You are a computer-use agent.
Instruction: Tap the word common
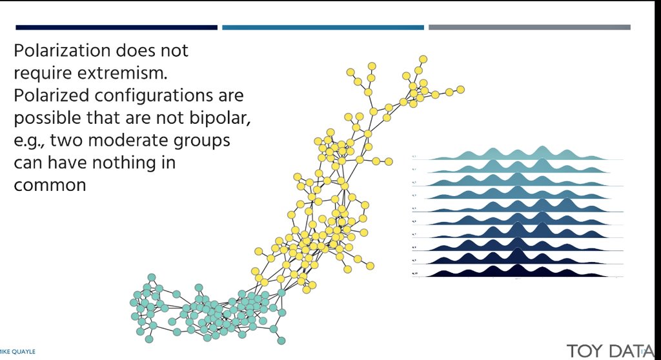tap(50, 185)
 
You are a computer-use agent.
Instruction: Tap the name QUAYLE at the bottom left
tap(23, 352)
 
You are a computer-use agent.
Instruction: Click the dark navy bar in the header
tap(116, 27)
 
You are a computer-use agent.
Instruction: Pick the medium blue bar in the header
tap(323, 27)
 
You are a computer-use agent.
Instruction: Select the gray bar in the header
tap(529, 27)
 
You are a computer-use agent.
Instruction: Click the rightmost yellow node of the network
tap(460, 89)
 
